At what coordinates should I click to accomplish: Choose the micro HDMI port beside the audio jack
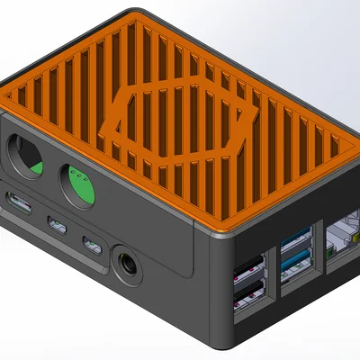coord(92,243)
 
